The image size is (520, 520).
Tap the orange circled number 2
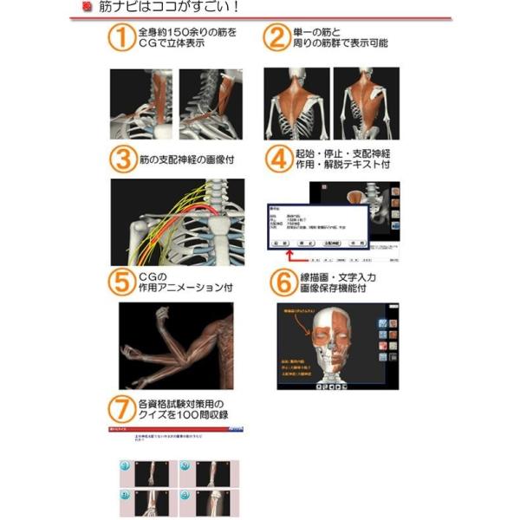point(275,39)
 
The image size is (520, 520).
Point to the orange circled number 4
point(275,159)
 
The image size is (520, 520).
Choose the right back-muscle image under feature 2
point(367,104)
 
